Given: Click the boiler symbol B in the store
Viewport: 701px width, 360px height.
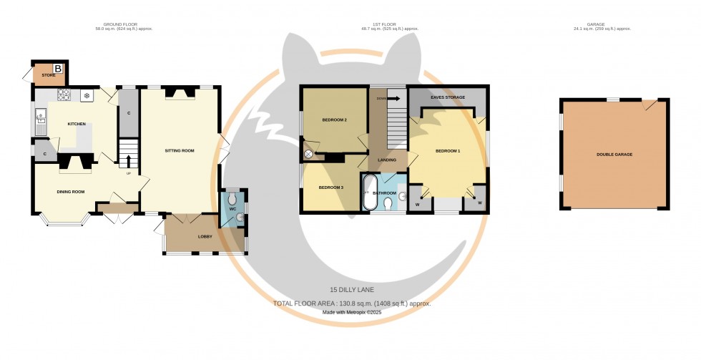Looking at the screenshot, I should [59, 69].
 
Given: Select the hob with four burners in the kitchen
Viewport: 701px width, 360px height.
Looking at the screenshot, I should [64, 94].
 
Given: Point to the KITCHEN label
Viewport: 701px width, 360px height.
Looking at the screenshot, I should [77, 124].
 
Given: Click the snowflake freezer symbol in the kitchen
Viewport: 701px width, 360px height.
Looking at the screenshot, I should [87, 95].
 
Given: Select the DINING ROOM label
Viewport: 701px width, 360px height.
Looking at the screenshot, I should [71, 191].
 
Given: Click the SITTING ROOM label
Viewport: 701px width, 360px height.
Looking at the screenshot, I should [180, 151].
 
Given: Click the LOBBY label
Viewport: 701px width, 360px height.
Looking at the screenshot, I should [205, 237].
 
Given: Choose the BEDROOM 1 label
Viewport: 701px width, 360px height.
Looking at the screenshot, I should [448, 151].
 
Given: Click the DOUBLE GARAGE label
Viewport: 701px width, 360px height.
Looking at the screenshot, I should [614, 155].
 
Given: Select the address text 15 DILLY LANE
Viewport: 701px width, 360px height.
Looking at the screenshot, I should [350, 289].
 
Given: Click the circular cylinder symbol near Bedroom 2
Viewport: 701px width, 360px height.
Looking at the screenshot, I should [309, 154].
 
